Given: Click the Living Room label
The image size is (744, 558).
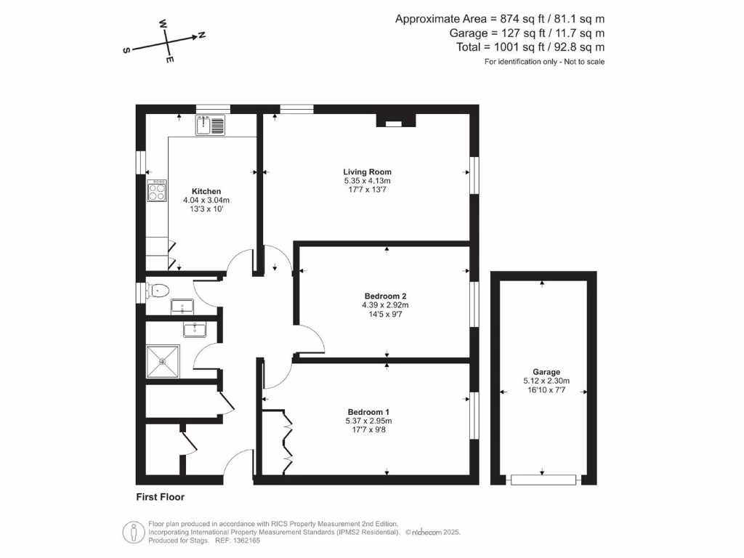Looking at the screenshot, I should (x=367, y=172).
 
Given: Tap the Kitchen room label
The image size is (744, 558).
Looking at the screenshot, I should (x=206, y=192).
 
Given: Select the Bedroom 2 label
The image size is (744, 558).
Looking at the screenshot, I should (x=385, y=296).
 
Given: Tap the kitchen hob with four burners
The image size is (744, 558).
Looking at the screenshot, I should (x=157, y=191).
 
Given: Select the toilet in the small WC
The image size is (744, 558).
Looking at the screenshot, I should (x=158, y=291).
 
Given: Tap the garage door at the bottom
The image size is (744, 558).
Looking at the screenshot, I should (x=543, y=480).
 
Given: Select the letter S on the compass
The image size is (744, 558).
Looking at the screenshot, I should (x=126, y=50).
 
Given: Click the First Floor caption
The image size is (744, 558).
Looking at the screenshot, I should (x=161, y=498).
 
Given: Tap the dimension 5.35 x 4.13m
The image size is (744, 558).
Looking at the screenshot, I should (x=367, y=181).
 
